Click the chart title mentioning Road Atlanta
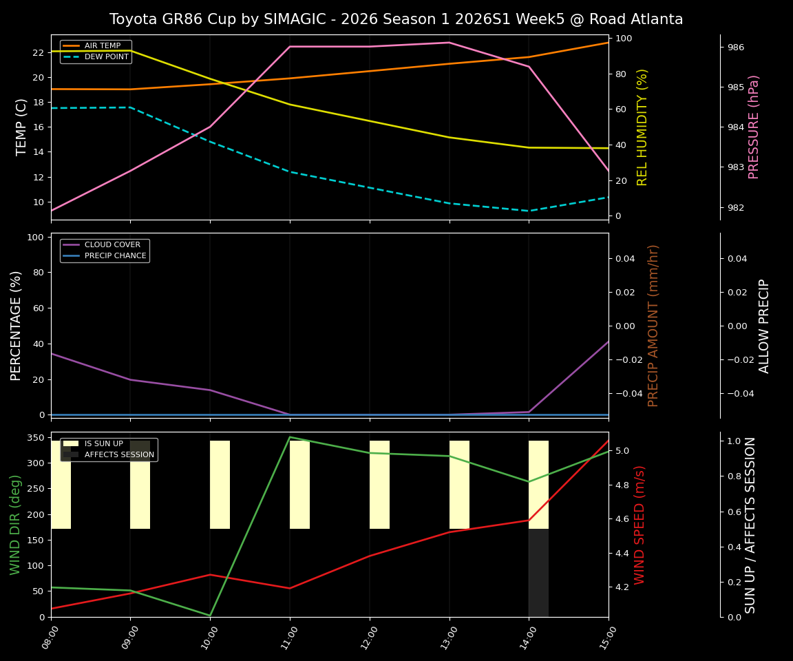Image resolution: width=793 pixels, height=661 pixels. tap(396, 19)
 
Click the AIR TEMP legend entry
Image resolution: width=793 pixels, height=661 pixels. tap(102, 45)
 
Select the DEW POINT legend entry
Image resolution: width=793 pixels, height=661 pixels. tap(107, 57)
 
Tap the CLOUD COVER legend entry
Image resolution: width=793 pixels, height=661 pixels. tap(112, 244)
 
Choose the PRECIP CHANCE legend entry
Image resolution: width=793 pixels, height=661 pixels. tap(115, 256)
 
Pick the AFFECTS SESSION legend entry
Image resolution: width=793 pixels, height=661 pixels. tap(119, 455)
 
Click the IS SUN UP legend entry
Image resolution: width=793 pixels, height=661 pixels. tap(103, 444)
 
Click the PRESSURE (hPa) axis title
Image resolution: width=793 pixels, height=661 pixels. tap(754, 127)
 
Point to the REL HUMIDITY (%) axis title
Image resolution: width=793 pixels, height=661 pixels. tap(643, 127)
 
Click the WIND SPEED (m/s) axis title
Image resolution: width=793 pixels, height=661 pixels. tap(640, 525)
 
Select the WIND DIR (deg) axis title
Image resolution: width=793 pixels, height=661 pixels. tap(15, 525)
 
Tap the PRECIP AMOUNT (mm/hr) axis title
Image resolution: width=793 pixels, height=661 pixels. tap(654, 325)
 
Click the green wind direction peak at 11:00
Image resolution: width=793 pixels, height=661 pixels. tap(290, 437)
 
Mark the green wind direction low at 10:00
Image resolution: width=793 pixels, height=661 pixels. tap(210, 615)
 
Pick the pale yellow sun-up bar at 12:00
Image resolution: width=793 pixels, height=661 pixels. tap(379, 485)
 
